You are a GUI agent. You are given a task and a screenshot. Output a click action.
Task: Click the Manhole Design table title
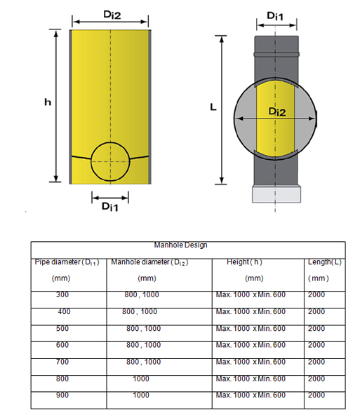pos(180,245)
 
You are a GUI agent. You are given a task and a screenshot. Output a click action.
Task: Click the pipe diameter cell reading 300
pos(62,294)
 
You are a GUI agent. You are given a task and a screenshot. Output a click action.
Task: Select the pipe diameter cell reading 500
pos(62,329)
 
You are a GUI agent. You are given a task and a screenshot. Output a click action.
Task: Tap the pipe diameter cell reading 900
pos(62,395)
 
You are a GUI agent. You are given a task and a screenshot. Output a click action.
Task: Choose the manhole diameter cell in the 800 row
pos(141,379)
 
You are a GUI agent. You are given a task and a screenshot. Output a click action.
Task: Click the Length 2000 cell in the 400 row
pos(316,311)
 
